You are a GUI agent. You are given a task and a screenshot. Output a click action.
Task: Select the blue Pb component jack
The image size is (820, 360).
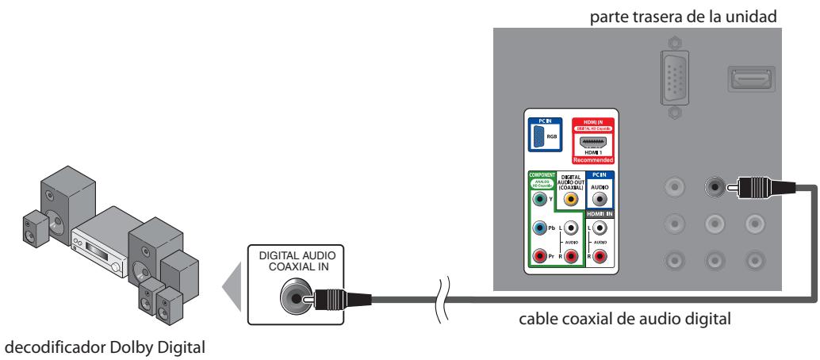click(x=540, y=228)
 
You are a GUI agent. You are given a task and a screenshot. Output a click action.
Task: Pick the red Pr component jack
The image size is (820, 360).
click(x=540, y=257)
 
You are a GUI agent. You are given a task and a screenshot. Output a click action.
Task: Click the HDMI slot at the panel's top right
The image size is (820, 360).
click(x=746, y=78)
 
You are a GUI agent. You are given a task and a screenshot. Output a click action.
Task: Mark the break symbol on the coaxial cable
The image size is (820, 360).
click(x=444, y=299)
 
